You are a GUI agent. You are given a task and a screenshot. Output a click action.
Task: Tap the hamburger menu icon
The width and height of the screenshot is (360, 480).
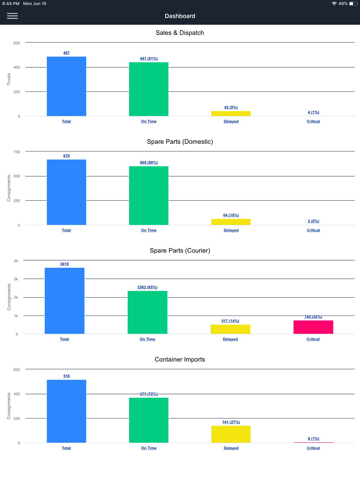[x=12, y=16]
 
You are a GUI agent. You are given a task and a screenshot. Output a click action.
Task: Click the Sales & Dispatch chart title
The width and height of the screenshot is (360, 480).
[x=180, y=33]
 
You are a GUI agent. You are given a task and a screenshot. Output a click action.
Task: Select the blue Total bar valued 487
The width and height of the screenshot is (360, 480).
[x=66, y=86]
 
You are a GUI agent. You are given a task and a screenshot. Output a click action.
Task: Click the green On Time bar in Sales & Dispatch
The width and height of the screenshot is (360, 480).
[x=149, y=89]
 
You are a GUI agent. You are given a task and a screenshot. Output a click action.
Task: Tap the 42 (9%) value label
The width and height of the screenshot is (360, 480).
[x=231, y=107]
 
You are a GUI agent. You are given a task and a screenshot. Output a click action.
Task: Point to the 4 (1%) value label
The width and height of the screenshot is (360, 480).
[x=313, y=112]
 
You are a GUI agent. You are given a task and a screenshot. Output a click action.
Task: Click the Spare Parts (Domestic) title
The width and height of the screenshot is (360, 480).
[x=180, y=142]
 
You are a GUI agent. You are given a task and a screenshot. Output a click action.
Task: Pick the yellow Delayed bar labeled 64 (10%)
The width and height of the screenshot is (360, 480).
[x=231, y=222]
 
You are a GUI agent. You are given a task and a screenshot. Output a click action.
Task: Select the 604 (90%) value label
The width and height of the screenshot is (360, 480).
[x=149, y=163]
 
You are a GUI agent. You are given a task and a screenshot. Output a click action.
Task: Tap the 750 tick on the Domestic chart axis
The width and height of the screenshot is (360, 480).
[x=17, y=152]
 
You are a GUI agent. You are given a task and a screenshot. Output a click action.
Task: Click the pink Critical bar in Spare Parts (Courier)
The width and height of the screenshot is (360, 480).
[x=313, y=327]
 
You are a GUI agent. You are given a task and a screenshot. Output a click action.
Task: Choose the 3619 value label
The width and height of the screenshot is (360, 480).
[x=64, y=264]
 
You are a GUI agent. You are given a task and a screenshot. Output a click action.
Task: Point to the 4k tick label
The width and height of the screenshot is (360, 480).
[x=16, y=261]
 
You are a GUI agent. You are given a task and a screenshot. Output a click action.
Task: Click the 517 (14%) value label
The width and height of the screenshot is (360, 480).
[x=230, y=321]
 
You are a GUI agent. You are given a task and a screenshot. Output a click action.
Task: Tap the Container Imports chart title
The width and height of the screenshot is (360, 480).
[x=180, y=359]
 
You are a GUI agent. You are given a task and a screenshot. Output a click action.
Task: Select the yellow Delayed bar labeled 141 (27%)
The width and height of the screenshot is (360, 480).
[x=231, y=434]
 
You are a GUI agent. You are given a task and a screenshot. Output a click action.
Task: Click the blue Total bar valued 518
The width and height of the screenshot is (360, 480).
[x=66, y=411]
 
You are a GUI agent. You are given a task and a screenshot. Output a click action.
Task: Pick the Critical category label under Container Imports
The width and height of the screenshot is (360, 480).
[x=313, y=448]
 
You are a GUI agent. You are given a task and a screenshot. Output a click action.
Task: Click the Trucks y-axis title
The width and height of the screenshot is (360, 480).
[x=9, y=79]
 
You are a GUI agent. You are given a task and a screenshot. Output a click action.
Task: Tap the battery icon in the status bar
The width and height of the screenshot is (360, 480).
[x=353, y=4]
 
